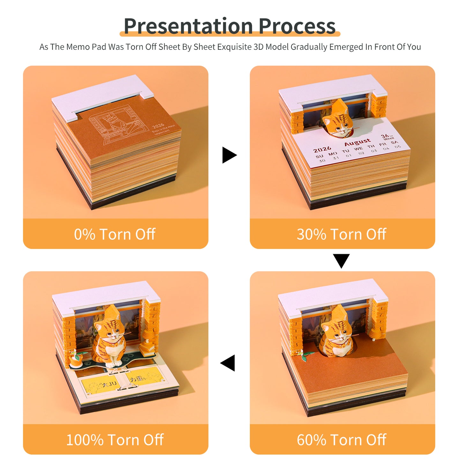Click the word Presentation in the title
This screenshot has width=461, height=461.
coord(188,26)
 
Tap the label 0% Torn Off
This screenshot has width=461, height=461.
coord(115,234)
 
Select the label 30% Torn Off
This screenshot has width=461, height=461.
coord(341,234)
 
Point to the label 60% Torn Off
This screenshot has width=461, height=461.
coord(341,440)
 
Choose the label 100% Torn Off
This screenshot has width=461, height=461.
coord(115,440)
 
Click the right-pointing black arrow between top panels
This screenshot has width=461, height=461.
coord(229,155)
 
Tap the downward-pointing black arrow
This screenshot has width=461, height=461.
coord(341,260)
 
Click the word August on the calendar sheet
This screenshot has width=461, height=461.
coord(357,142)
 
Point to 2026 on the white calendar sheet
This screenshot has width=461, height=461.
coord(322,149)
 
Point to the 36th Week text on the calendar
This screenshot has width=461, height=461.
coord(387,137)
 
